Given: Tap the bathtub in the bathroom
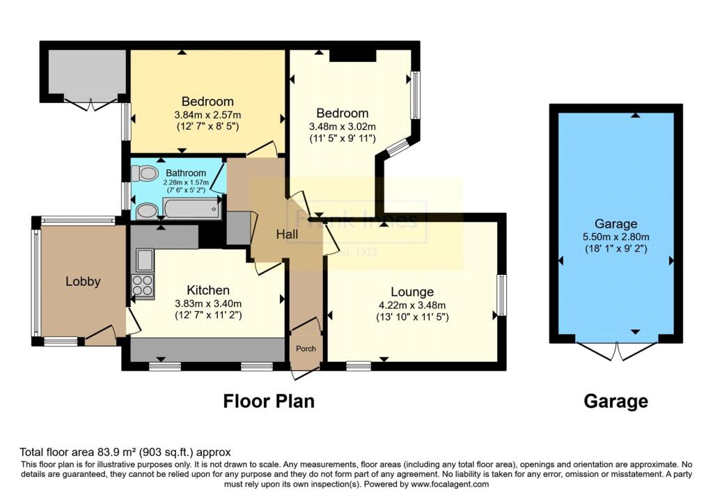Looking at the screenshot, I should click(191, 208).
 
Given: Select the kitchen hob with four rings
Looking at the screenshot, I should click(142, 286).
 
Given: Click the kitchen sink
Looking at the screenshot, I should click(145, 260).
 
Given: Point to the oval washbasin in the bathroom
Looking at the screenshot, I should click(146, 210).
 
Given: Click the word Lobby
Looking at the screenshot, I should click(83, 282).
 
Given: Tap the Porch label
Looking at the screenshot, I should click(306, 349).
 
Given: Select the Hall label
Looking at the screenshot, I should click(287, 235).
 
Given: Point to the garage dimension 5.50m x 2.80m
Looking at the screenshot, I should click(616, 236).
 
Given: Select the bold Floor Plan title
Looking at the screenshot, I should click(268, 402).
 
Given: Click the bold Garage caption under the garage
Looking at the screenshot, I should click(616, 402).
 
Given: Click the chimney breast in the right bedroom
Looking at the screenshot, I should click(352, 56).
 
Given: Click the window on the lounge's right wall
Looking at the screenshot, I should click(501, 295).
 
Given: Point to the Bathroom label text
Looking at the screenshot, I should click(185, 173).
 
